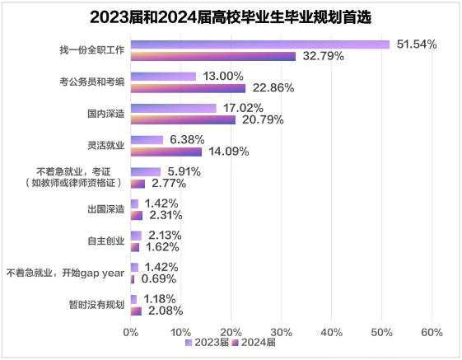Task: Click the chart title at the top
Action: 231,16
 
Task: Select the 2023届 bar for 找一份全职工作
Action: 259,44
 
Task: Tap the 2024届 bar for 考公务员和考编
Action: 188,88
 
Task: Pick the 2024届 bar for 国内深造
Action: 183,119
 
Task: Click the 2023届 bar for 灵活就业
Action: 147,140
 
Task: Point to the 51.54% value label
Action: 417,43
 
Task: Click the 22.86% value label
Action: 271,88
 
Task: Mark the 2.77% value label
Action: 169,184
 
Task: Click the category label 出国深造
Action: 105,209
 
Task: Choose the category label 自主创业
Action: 105,241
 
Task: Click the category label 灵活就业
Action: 105,146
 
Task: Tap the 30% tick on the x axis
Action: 281,332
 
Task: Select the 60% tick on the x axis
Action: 432,332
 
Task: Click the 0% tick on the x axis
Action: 130,332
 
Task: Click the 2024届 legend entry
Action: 254,344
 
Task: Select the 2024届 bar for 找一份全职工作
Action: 212,56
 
